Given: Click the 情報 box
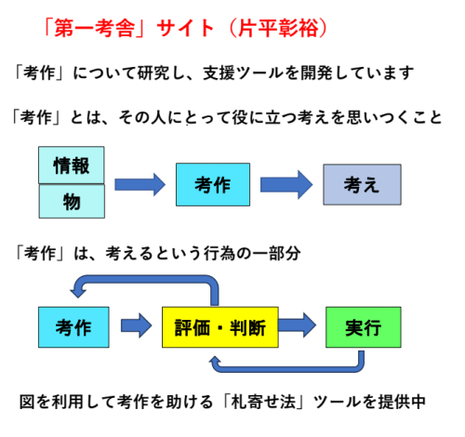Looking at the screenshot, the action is tap(72, 166).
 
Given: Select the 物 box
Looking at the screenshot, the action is tap(72, 202).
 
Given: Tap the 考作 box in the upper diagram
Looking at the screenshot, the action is tap(213, 184).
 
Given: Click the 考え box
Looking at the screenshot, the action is tap(362, 184).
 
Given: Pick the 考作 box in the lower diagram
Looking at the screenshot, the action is tap(73, 327).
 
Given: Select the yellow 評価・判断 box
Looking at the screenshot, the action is tap(220, 327).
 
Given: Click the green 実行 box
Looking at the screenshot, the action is tap(364, 327).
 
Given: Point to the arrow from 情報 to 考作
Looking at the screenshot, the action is tap(140, 185).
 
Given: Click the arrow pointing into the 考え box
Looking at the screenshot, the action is tap(286, 185).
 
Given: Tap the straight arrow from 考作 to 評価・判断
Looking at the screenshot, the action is tap(137, 325).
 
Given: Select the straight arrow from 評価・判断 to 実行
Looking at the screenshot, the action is tap(298, 325).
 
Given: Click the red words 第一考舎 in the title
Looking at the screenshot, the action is tap(95, 28).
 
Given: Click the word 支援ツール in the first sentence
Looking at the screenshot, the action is tap(244, 73).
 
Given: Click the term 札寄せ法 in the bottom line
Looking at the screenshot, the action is tap(263, 402).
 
